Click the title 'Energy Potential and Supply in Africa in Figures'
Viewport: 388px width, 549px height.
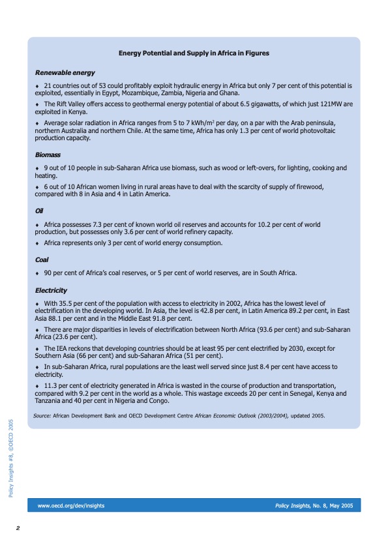194,53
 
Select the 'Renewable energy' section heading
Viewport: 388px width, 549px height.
65,72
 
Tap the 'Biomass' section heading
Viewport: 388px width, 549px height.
48,155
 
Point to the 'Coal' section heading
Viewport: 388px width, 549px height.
42,260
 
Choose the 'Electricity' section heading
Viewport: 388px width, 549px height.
51,290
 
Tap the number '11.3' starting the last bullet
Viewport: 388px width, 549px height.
52,387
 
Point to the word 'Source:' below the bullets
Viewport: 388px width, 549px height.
42,415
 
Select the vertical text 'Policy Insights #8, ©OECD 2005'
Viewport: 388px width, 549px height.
11,458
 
